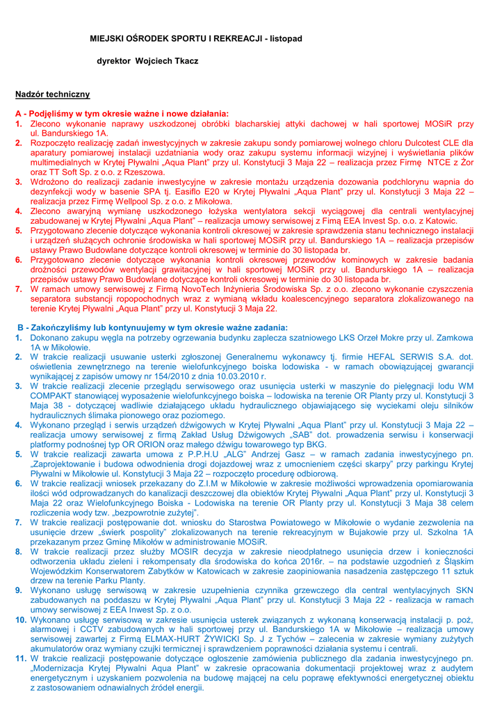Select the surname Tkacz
click(183, 61)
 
